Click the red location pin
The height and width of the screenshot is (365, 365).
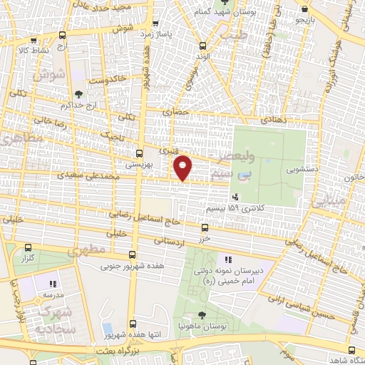(x=183, y=168)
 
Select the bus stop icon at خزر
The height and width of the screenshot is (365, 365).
(x=205, y=228)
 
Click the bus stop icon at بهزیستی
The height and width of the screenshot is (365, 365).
(x=139, y=153)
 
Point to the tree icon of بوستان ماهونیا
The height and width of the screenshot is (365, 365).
(x=202, y=314)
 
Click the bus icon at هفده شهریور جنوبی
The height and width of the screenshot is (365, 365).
(x=132, y=255)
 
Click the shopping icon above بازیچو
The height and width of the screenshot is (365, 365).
(x=305, y=9)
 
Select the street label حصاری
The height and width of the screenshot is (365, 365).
(x=175, y=111)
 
